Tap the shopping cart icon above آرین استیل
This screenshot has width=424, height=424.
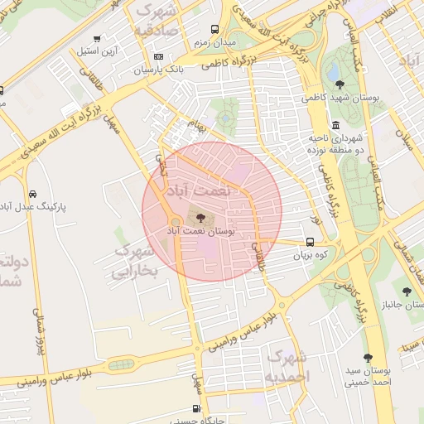point(97,38)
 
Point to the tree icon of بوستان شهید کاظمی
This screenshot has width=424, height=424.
point(340,84)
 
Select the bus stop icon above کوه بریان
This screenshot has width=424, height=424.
point(310,243)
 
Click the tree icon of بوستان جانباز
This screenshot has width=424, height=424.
point(407,291)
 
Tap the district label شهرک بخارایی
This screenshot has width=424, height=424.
point(133,262)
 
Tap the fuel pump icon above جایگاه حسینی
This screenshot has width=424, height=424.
point(195,408)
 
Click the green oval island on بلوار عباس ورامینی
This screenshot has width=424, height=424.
point(120,364)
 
